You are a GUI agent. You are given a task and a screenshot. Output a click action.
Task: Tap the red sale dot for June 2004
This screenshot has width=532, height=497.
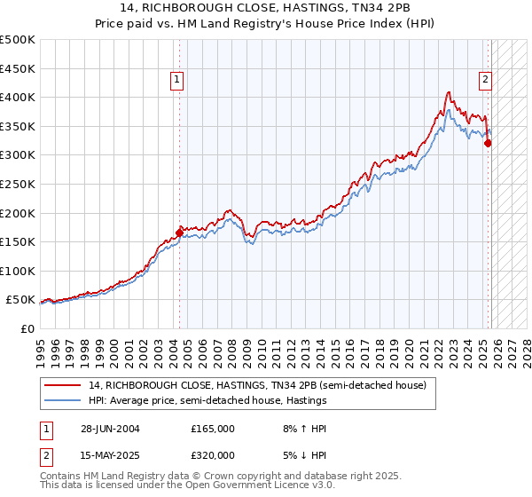180,233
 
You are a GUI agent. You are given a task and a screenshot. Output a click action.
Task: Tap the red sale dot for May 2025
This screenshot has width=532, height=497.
488,144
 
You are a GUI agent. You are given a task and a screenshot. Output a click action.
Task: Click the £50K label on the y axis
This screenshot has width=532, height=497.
21,300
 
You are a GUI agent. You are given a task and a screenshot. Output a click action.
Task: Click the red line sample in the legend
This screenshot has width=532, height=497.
63,385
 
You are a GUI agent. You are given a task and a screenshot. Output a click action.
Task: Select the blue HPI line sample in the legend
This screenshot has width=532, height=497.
63,400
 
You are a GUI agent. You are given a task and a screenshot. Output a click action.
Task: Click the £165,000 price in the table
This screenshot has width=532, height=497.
213,428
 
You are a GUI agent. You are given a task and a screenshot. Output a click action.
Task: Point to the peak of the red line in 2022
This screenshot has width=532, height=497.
450,92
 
